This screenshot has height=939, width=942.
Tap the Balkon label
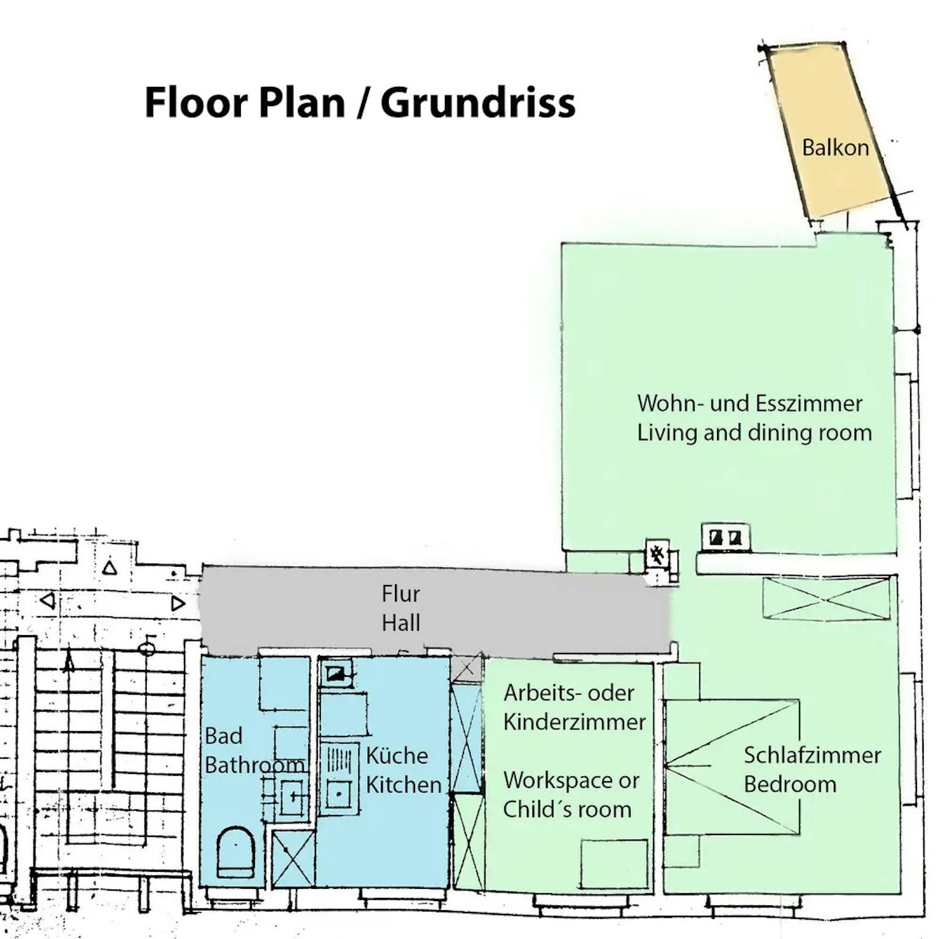[x=835, y=147]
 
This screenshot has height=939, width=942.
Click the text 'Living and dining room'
[x=754, y=433]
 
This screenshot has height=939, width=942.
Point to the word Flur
[x=400, y=594]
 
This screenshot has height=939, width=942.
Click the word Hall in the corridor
[x=401, y=623]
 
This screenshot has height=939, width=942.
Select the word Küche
[x=397, y=756]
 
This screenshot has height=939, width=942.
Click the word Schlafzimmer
[x=812, y=756]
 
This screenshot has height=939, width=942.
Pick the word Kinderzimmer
[x=575, y=722]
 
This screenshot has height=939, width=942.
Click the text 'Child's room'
[x=567, y=809]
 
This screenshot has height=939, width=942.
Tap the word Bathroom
[x=254, y=765]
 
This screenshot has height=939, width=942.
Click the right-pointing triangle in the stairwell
[x=178, y=604]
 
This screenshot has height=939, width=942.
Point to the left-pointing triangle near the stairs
[x=47, y=600]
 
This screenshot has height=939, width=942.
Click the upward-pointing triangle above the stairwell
[x=109, y=568]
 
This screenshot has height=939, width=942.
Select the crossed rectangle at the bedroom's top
[x=826, y=598]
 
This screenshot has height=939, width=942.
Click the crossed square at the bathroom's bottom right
[x=293, y=858]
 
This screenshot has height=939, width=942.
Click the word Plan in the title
[x=302, y=103]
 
